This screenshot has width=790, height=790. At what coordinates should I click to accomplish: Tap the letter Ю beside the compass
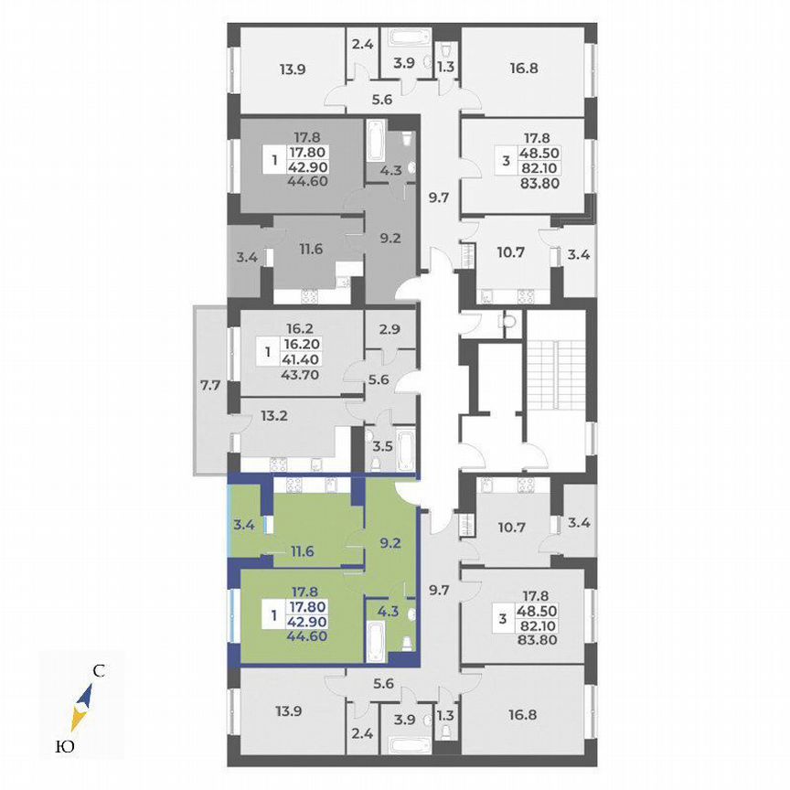[x=66, y=747]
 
